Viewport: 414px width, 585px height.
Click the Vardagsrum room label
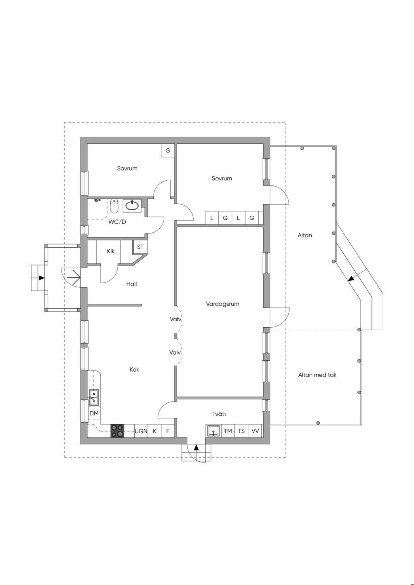(x=222, y=304)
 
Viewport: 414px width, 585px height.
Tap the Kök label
(x=134, y=370)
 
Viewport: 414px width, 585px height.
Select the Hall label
(x=131, y=284)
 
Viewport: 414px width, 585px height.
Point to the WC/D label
(x=117, y=222)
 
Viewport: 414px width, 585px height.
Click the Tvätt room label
(x=219, y=414)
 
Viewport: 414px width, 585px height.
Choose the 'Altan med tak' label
(x=317, y=375)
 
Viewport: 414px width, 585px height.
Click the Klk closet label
(x=111, y=251)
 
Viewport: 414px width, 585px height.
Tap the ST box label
(x=140, y=247)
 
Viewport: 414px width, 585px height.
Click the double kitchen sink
(x=94, y=397)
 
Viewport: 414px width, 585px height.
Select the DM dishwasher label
(x=94, y=413)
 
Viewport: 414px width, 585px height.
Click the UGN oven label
(x=141, y=431)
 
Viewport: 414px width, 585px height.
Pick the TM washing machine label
(x=228, y=431)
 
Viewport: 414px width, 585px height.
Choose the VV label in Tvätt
(x=255, y=431)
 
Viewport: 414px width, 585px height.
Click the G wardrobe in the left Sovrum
(x=168, y=150)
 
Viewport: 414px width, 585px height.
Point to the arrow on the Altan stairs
(x=351, y=278)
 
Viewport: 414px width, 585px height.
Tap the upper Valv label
(x=175, y=319)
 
